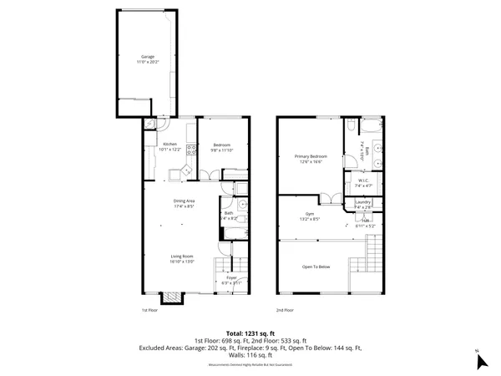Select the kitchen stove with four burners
[x=191, y=150]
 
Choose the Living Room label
[x=183, y=258]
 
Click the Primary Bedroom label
[x=310, y=158]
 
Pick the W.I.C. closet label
[x=363, y=181]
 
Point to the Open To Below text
[x=316, y=267]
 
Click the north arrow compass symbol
[x=480, y=361]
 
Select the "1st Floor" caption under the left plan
[x=149, y=310]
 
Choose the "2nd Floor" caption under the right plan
[x=285, y=310]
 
